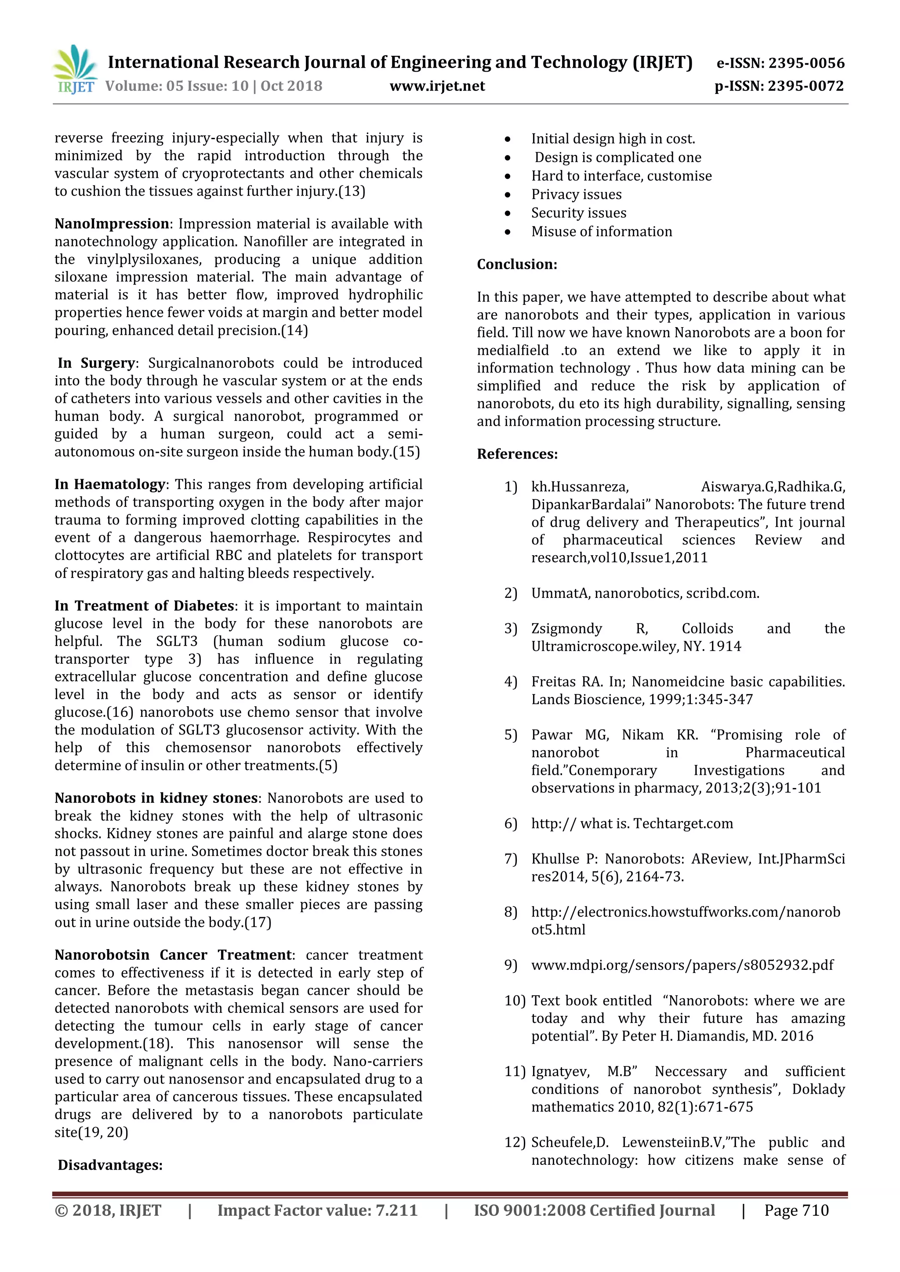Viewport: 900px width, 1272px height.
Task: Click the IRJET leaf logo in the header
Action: [75, 69]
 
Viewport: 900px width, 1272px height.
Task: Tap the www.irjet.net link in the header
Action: [437, 86]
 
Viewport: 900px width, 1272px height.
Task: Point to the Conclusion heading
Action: [516, 264]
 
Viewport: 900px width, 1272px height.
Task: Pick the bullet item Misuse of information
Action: [601, 231]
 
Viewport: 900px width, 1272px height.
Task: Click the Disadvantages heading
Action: [110, 1165]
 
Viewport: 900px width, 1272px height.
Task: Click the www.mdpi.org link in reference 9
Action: [682, 965]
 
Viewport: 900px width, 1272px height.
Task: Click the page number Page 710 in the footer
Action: [796, 1211]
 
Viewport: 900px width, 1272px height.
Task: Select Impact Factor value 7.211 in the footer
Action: [317, 1211]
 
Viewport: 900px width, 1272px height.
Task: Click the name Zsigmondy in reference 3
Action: [566, 629]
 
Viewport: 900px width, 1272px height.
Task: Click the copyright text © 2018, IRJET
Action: [108, 1211]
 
